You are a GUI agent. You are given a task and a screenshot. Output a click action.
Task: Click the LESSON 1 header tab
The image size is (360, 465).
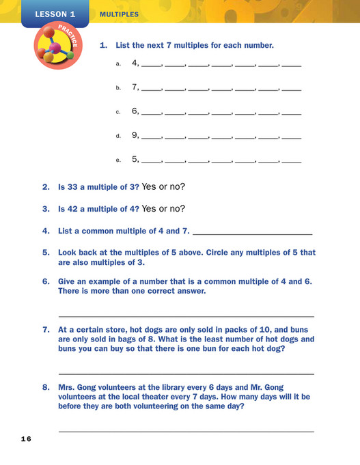(x=55, y=14)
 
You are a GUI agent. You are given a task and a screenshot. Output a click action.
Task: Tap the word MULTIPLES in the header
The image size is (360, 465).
(x=119, y=14)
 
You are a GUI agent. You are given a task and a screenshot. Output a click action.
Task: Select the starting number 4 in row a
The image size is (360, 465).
(x=135, y=64)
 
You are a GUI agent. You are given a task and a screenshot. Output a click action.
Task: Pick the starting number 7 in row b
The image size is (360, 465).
(x=135, y=87)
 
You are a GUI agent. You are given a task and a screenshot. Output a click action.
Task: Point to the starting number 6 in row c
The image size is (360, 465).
(x=135, y=111)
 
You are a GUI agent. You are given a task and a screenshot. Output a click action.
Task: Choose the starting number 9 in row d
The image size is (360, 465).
(x=135, y=135)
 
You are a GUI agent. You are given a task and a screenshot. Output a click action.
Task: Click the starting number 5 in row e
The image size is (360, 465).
(x=135, y=159)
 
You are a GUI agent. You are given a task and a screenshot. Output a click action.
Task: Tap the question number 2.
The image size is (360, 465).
(x=46, y=186)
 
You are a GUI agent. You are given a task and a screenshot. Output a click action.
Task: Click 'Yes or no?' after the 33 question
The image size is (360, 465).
(x=163, y=186)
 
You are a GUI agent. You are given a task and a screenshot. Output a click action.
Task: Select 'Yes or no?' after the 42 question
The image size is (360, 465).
(x=163, y=208)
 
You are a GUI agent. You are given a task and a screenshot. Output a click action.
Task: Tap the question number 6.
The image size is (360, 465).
(x=46, y=281)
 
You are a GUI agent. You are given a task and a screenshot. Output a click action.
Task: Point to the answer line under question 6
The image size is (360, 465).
(x=186, y=316)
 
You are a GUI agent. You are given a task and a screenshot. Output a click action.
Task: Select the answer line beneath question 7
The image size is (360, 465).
(x=186, y=374)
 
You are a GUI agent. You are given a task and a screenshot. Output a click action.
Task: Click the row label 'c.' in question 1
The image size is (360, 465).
(x=118, y=112)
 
